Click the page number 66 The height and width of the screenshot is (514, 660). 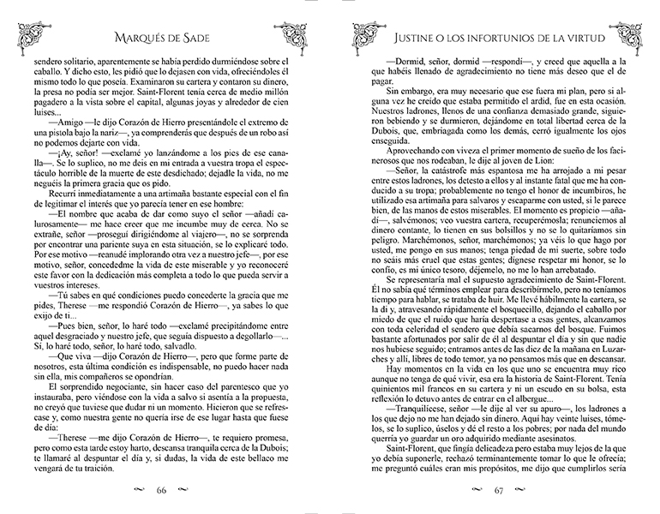coord(160,492)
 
